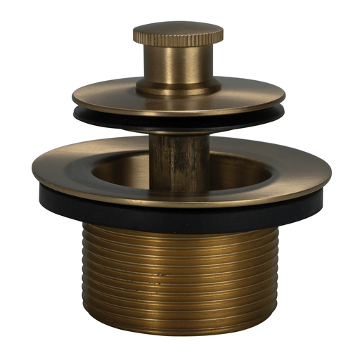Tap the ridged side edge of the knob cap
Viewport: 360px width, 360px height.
point(178,39)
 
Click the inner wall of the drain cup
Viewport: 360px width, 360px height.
point(239,169)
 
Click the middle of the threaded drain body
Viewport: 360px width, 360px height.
point(179,274)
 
